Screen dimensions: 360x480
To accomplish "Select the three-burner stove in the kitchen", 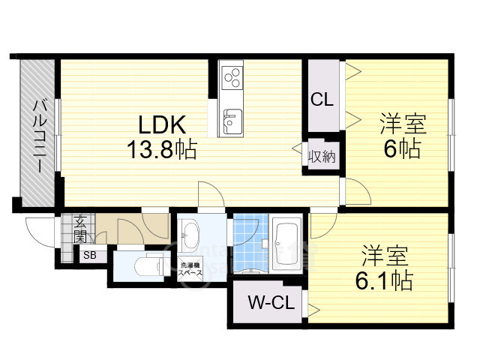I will point(232,76).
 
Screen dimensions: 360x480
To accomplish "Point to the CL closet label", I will point(322,99).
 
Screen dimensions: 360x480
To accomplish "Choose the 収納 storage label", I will point(322,157).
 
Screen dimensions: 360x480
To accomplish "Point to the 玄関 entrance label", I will point(79,228).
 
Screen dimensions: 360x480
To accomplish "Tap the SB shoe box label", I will point(89,255).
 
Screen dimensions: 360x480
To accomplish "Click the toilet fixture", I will point(150,265).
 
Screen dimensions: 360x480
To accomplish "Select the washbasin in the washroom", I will point(188,237).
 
